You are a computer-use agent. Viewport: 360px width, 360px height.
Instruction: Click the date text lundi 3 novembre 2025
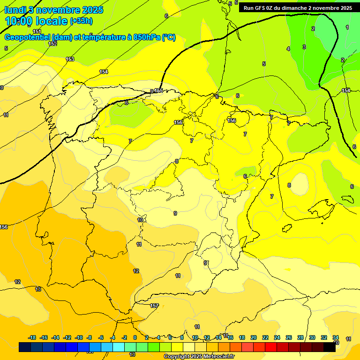pyautogui.click(x=54, y=10)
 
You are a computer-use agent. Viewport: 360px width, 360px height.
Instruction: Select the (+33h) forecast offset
pyautogui.click(x=81, y=21)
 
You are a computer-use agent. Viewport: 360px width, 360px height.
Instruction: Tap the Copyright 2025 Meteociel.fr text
pyautogui.click(x=199, y=357)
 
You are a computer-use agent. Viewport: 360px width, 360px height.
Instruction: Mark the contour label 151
pyautogui.click(x=37, y=31)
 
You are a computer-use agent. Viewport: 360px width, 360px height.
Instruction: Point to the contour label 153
pyautogui.click(x=70, y=59)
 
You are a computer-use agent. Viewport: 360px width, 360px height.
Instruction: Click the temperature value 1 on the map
pyautogui.click(x=347, y=27)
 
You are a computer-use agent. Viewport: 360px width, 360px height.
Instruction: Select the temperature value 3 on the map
pyautogui.click(x=304, y=47)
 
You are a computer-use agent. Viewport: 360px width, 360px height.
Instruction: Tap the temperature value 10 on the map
pyautogui.click(x=140, y=220)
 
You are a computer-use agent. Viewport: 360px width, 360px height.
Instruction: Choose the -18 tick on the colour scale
pyautogui.click(x=32, y=337)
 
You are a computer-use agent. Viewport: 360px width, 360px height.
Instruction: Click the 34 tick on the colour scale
pyautogui.click(x=336, y=337)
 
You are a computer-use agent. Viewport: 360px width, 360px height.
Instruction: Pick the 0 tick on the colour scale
pyautogui.click(x=135, y=337)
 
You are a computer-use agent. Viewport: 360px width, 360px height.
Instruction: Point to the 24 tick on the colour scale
pyautogui.click(x=277, y=337)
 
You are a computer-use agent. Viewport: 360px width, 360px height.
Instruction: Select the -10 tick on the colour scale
pyautogui.click(x=79, y=337)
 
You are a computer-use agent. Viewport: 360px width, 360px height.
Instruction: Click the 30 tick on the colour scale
pyautogui.click(x=312, y=337)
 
